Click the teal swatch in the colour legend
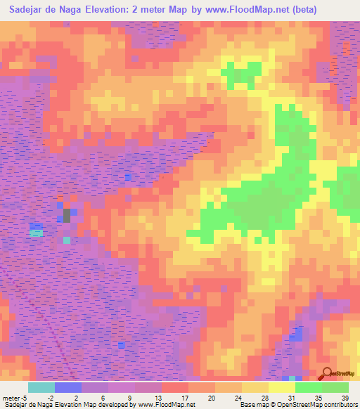tap(41, 387)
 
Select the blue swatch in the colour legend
tap(68, 387)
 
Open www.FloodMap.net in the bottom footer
tap(155, 405)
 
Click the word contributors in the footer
tap(338, 405)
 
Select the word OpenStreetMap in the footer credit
tap(295, 405)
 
